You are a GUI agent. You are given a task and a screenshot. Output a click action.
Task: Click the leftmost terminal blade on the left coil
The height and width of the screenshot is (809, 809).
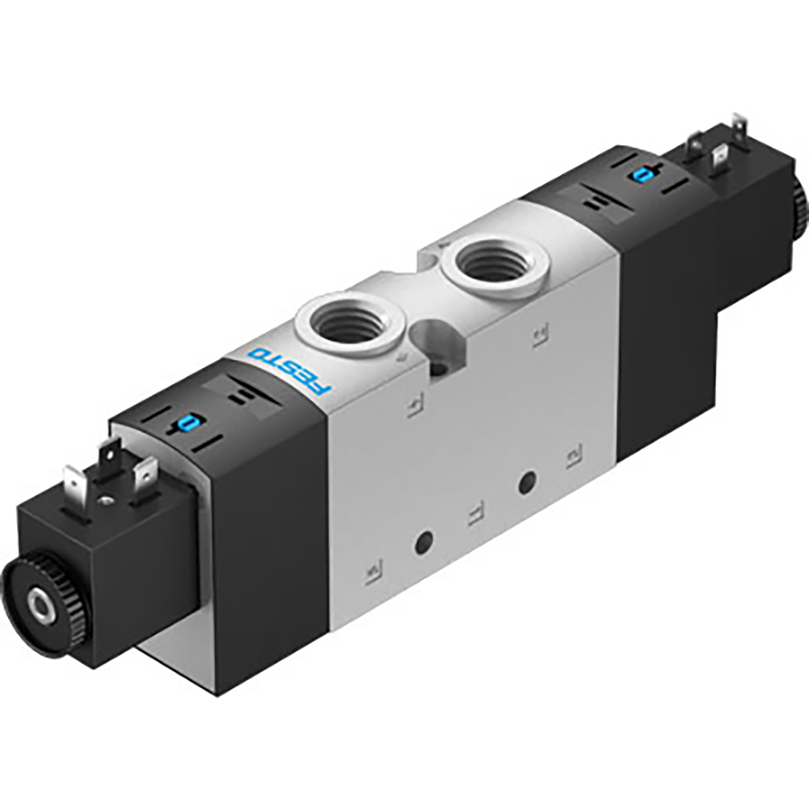click(74, 481)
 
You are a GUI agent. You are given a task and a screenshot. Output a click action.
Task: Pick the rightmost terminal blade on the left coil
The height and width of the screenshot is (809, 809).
click(146, 472)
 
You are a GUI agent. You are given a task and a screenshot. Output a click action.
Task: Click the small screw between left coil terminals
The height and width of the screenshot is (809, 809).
click(105, 500)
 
